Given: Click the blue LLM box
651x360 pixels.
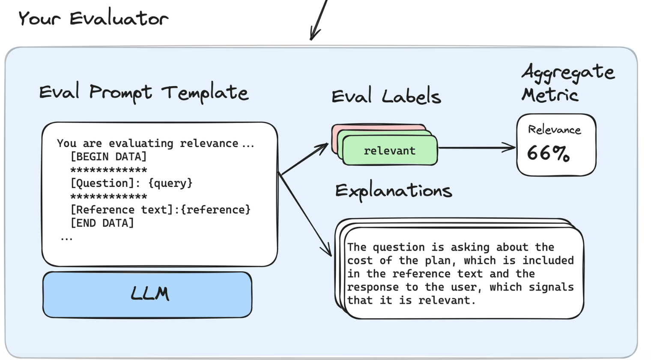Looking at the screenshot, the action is click(147, 294).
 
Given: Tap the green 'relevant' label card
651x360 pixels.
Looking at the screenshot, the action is click(390, 150).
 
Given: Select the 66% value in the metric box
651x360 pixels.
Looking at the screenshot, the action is click(548, 153).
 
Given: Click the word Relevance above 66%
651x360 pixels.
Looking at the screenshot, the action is click(555, 130).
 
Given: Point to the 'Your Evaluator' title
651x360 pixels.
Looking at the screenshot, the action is click(93, 18).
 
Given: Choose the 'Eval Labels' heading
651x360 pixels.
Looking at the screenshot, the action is click(386, 95).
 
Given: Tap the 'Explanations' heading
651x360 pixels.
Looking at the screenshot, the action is click(394, 191).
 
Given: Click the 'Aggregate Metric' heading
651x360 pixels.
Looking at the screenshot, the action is click(568, 83).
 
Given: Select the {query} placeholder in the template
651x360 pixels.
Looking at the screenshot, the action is click(170, 183).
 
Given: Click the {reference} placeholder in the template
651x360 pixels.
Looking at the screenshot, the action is click(215, 210).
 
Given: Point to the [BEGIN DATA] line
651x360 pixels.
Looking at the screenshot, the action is click(108, 157).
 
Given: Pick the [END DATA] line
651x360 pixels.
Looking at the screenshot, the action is click(102, 223).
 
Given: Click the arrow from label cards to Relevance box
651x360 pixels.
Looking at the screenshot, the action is click(477, 148).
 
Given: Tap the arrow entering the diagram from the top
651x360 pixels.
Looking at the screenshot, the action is click(319, 20).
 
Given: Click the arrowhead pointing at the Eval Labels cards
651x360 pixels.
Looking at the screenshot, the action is click(323, 147).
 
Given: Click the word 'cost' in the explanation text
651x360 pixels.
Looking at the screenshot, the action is click(360, 261).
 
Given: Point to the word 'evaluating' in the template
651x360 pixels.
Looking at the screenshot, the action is click(141, 144).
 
